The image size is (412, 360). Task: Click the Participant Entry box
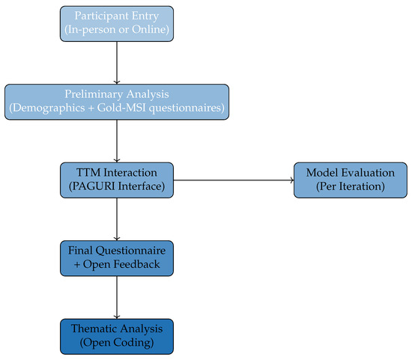point(117,23)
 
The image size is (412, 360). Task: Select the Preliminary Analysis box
point(117,101)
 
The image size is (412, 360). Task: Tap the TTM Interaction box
point(117,180)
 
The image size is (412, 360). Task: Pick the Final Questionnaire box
point(117,258)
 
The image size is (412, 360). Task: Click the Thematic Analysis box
point(117,336)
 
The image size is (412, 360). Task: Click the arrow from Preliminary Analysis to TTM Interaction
point(117,140)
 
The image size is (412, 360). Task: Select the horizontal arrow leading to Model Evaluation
point(232,180)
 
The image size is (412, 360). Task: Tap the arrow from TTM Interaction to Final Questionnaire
point(117,219)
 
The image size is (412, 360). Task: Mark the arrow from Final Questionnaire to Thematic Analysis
point(117,297)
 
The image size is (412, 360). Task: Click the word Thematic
point(94,329)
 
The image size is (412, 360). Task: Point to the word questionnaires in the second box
point(187,109)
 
